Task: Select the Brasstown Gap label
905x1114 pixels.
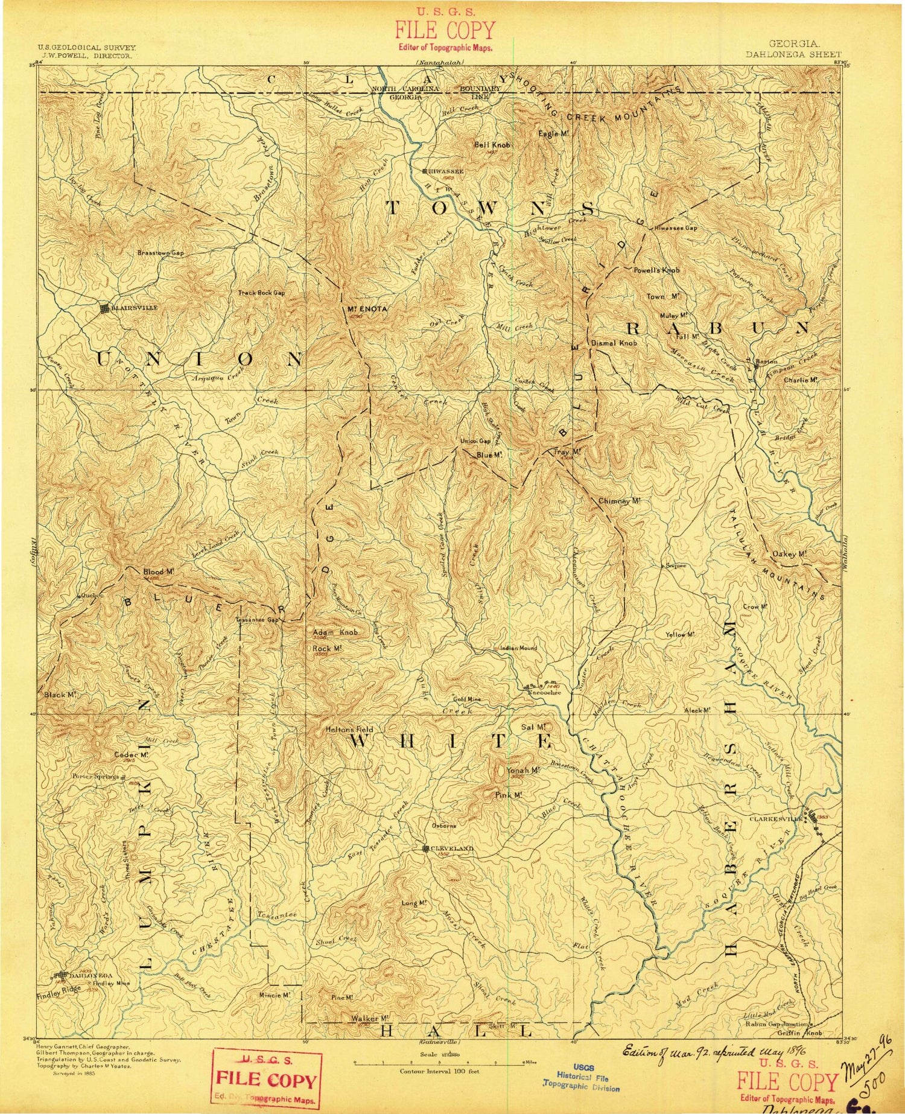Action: (160, 253)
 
